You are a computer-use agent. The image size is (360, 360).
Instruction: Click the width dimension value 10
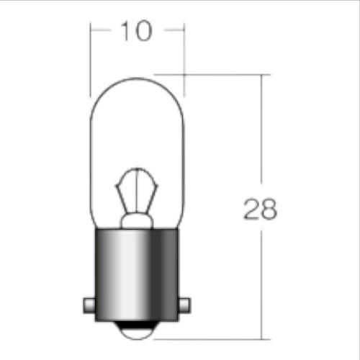tap(137, 31)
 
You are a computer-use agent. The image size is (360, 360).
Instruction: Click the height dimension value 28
tap(261, 209)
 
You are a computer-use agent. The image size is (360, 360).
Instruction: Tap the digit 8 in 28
tap(269, 209)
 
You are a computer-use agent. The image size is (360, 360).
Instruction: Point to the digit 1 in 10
tap(125, 31)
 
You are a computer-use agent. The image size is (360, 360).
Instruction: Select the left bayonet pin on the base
tap(89, 305)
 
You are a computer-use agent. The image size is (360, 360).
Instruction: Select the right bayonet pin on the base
tap(184, 305)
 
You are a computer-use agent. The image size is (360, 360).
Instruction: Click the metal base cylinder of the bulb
tap(137, 275)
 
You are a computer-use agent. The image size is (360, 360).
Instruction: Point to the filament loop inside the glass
tap(137, 169)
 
